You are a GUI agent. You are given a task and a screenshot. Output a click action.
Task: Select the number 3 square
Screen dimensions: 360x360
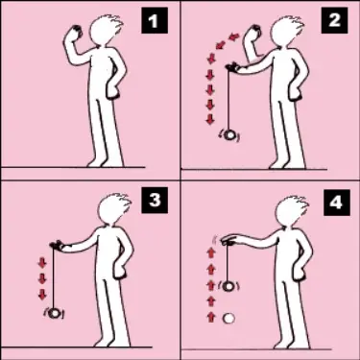click(x=154, y=203)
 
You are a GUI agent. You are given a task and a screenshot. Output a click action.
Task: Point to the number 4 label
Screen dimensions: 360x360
click(x=334, y=203)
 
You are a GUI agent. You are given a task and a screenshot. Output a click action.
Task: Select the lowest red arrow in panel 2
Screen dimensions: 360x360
click(x=210, y=120)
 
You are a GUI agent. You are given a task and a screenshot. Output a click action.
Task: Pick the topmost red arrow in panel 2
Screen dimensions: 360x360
click(x=229, y=37)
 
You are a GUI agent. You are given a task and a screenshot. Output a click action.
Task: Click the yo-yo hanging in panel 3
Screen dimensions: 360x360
click(x=56, y=312)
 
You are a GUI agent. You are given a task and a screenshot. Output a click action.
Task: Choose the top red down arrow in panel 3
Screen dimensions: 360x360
click(x=41, y=261)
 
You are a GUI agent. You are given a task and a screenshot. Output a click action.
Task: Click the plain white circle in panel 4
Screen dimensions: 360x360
click(x=228, y=317)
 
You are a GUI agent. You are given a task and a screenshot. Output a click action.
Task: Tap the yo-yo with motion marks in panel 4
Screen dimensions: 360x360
click(x=228, y=286)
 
